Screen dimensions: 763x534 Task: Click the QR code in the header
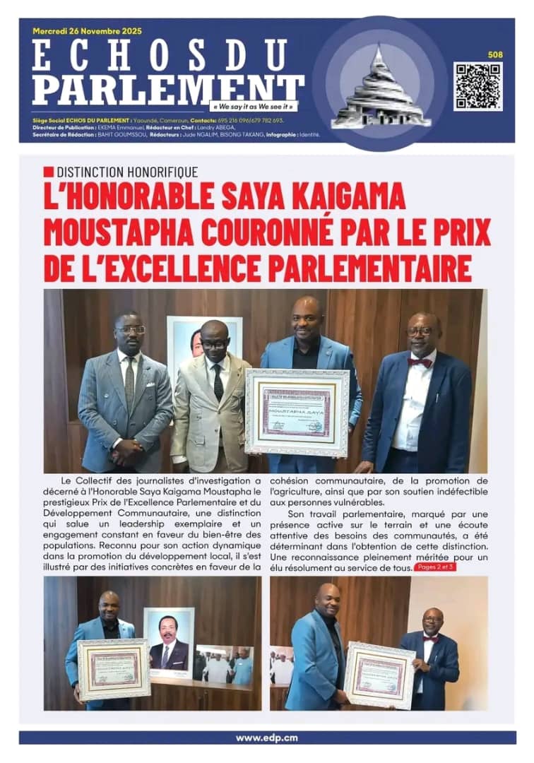(x=478, y=86)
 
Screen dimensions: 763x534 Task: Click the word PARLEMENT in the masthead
(x=168, y=89)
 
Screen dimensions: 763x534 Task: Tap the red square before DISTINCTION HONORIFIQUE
(x=48, y=172)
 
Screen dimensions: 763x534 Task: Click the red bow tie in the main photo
(x=420, y=362)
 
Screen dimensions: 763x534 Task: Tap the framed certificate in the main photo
(x=297, y=411)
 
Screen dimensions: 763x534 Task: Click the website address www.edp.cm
(x=266, y=738)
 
